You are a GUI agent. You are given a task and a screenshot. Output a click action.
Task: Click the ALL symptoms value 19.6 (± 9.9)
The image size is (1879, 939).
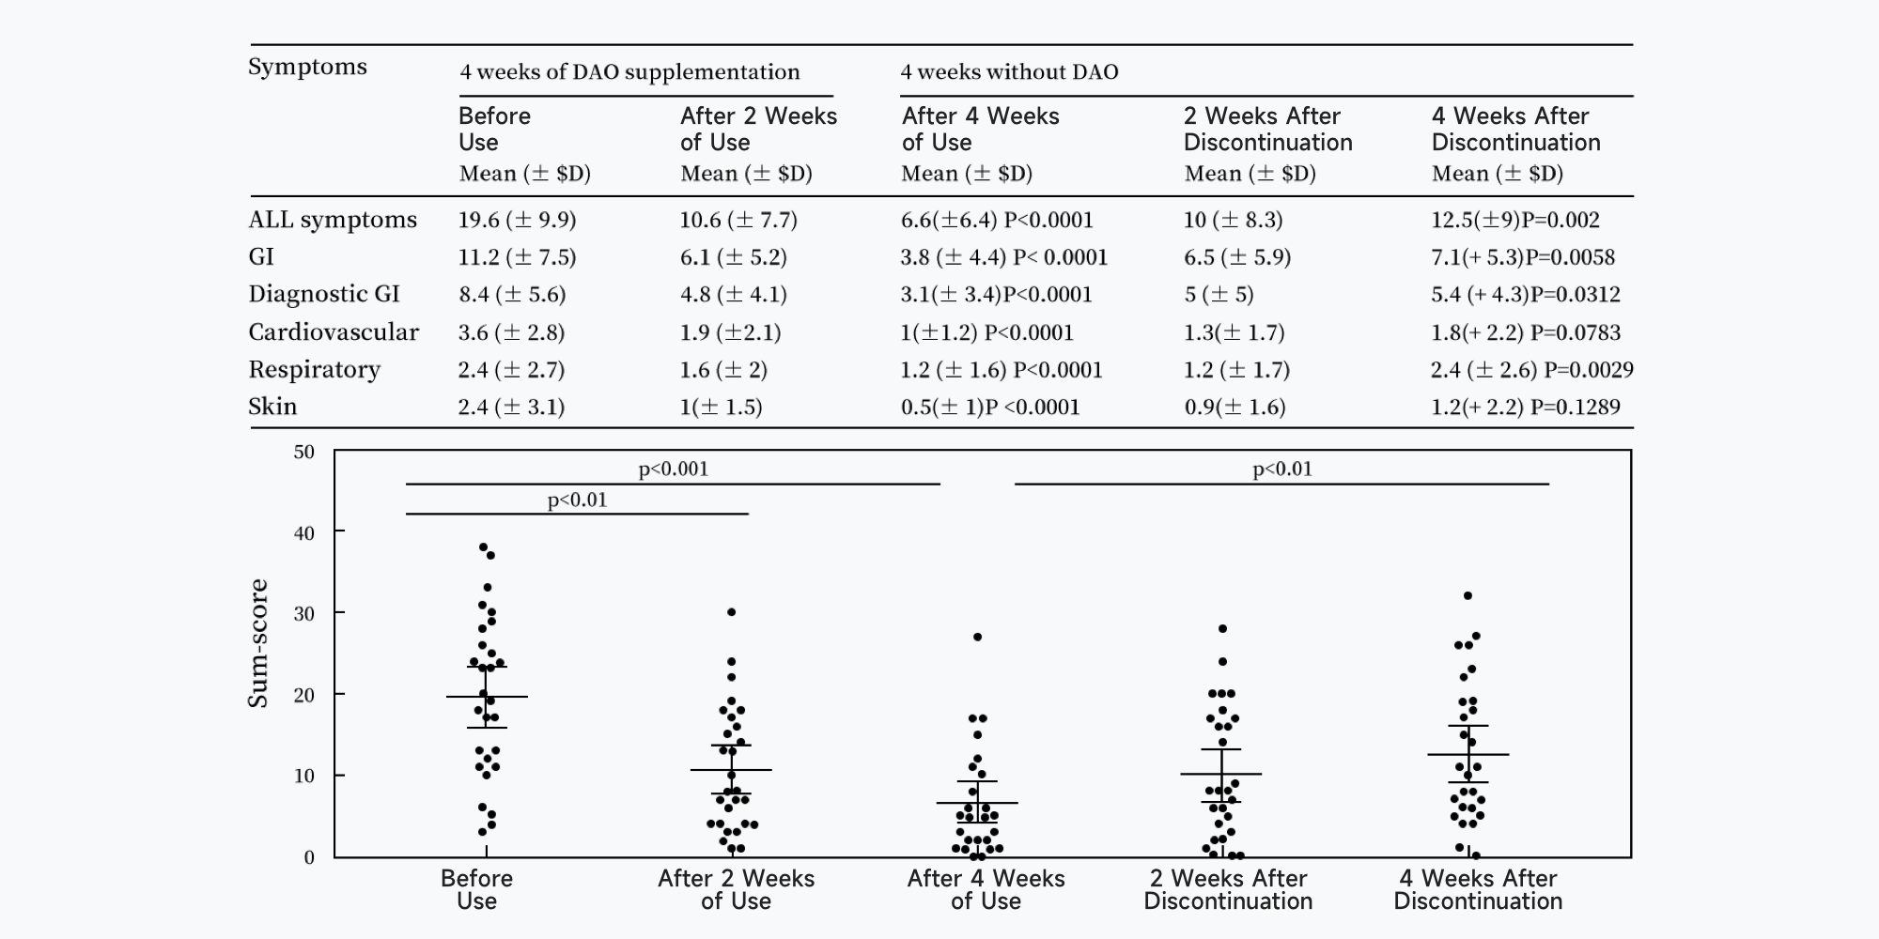[x=517, y=220]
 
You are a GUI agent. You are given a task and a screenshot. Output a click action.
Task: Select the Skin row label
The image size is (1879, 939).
[x=272, y=407]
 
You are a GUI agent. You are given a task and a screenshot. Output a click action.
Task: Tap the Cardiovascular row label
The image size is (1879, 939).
[x=334, y=332]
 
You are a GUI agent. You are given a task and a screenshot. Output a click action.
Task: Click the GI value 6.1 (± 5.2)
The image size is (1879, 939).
[x=733, y=257]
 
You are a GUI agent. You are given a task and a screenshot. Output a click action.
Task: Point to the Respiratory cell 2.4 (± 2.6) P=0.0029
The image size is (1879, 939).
[x=1531, y=370]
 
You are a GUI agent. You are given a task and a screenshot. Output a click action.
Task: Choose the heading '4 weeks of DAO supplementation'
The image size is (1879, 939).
[x=629, y=72]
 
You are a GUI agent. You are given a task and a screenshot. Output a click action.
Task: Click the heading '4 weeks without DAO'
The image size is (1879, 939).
[x=1009, y=72]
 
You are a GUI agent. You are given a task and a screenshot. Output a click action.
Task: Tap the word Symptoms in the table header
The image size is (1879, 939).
[x=307, y=68]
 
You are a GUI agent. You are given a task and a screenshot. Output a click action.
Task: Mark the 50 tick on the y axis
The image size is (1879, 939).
[x=303, y=452]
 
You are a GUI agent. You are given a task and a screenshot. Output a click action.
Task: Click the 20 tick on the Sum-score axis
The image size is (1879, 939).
[x=303, y=695]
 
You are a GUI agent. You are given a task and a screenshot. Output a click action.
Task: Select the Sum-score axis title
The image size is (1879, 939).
[x=257, y=643]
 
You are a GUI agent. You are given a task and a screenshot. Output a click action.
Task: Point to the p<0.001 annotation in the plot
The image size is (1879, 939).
[x=673, y=469]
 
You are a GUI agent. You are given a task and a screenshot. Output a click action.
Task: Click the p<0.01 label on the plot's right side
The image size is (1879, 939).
[x=1281, y=469]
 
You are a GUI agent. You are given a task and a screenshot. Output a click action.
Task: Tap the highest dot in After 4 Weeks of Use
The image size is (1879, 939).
[x=977, y=637]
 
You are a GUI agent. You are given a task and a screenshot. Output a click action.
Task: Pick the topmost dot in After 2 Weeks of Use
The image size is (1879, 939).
[x=732, y=612]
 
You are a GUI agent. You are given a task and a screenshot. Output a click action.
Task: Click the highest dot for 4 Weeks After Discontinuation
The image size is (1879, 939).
[x=1467, y=595]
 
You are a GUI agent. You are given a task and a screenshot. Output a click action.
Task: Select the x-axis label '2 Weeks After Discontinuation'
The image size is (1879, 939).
[x=1228, y=889]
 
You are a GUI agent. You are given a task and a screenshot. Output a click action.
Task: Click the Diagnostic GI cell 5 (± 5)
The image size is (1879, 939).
[x=1219, y=295]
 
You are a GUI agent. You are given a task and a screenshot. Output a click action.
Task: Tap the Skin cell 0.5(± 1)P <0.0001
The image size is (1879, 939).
[x=990, y=407]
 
